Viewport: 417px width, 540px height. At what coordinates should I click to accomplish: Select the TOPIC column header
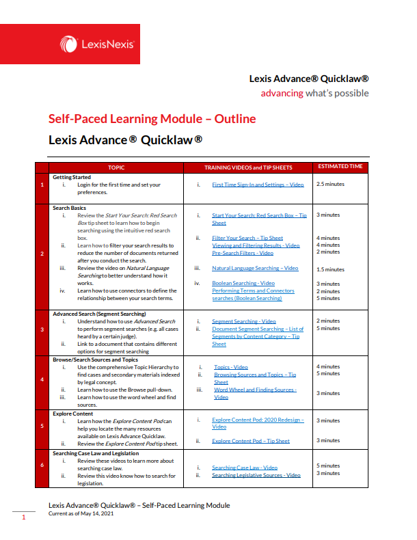(116, 167)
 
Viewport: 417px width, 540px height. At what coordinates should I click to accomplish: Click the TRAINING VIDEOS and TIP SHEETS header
(248, 167)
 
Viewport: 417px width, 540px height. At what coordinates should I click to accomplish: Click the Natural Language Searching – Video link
(255, 269)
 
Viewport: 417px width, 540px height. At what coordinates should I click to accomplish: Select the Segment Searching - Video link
(244, 321)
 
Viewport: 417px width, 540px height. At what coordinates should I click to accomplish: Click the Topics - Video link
(231, 367)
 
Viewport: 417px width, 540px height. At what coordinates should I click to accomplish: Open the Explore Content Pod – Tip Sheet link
(250, 441)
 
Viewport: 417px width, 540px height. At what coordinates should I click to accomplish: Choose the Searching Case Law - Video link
(245, 468)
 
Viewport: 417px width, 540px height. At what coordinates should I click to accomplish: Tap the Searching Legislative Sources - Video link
(256, 475)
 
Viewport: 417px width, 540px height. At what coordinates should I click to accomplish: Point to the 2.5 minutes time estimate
(330, 185)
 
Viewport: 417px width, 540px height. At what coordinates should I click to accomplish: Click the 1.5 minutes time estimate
(330, 269)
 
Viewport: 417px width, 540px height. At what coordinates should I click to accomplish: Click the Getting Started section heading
(72, 177)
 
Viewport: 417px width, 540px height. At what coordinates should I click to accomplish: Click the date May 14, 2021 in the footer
(90, 513)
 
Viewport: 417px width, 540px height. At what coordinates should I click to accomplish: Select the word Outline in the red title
(235, 118)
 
